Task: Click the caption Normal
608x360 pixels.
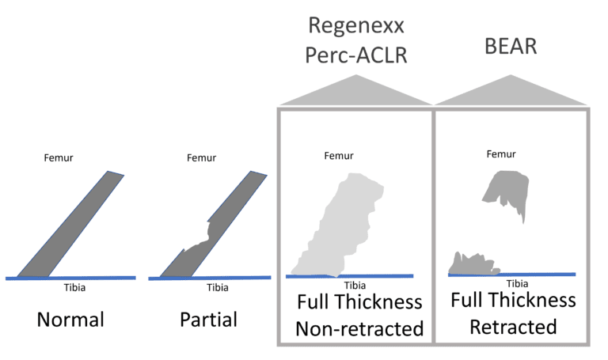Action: coord(70,321)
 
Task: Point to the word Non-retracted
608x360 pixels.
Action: coord(359,328)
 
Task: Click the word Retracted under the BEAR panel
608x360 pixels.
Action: coord(513,327)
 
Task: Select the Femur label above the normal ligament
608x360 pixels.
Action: coord(57,157)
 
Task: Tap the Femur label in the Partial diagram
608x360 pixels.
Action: coord(200,157)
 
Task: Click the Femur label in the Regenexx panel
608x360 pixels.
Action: coord(339,156)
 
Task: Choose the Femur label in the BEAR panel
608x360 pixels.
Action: coord(497,156)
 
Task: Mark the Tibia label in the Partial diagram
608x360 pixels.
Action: coord(218,287)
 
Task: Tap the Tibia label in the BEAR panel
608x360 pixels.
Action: coord(517,283)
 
